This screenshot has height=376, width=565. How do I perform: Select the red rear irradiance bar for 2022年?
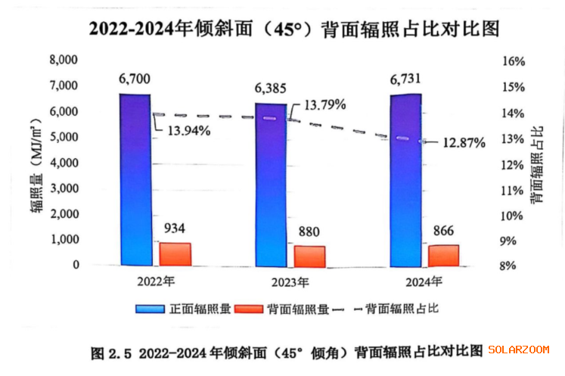click(x=175, y=254)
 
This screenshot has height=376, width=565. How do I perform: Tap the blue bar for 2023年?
click(x=271, y=185)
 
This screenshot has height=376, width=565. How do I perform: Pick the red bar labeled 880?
click(x=309, y=256)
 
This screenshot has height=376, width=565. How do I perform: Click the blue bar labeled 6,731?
click(x=405, y=181)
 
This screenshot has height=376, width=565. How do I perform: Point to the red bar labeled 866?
click(x=443, y=256)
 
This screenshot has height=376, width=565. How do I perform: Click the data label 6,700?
click(x=135, y=78)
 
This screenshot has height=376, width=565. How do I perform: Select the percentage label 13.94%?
click(x=185, y=130)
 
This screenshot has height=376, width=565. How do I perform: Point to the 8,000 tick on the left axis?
click(x=64, y=60)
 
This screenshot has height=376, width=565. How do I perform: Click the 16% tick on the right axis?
click(x=516, y=61)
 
